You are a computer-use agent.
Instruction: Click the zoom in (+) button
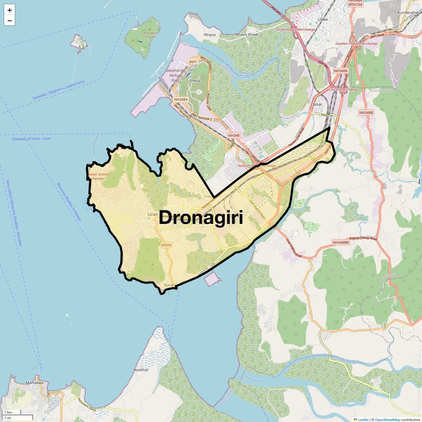[9, 10]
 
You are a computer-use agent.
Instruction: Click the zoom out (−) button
[9, 20]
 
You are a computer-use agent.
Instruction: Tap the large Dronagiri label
[201, 218]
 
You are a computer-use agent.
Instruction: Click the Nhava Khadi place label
[247, 34]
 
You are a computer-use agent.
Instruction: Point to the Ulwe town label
[322, 19]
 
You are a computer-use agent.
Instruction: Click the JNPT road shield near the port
[193, 62]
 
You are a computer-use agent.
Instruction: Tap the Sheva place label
[194, 81]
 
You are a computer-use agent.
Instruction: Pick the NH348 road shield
[234, 135]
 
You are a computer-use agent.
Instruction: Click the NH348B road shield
[366, 113]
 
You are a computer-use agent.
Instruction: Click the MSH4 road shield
[166, 245]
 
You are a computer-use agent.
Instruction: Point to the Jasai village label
[317, 104]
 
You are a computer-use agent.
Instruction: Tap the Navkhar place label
[141, 370]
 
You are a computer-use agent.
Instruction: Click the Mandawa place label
[34, 383]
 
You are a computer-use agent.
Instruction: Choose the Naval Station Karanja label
[98, 176]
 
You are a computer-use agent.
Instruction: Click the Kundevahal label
[408, 12]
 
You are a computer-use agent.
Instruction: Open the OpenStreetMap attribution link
[388, 420]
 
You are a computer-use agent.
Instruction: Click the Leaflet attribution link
[363, 420]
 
